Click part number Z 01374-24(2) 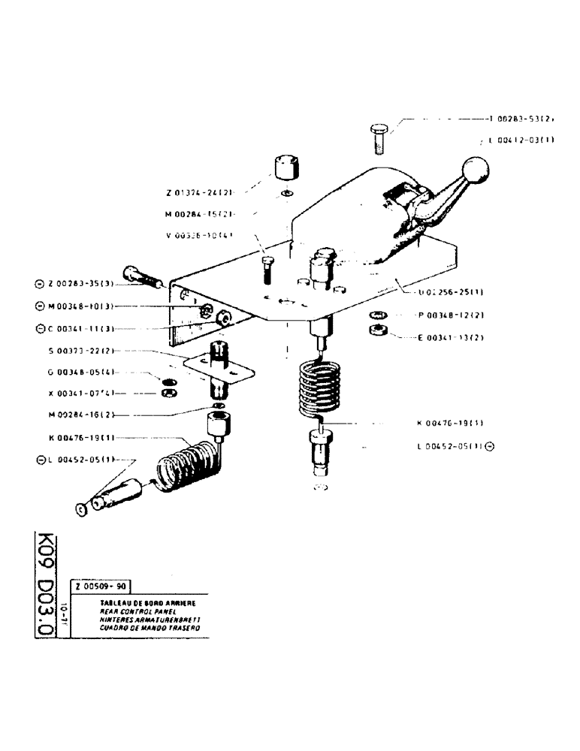196,193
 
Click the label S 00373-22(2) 83,351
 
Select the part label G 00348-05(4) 83,372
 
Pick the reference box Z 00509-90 101,588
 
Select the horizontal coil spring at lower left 184,465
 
